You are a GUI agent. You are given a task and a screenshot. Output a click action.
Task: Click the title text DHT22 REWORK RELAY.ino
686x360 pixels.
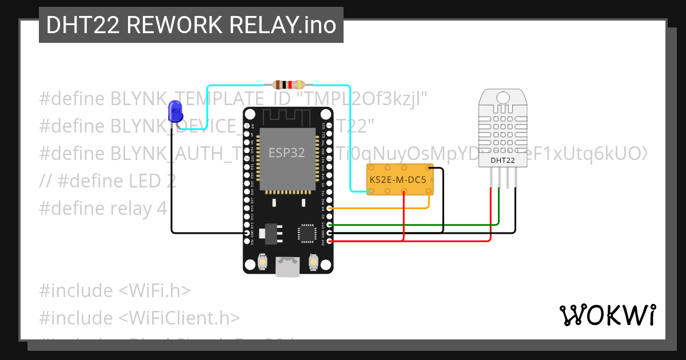(191, 25)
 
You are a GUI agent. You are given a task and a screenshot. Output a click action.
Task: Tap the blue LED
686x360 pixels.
(175, 111)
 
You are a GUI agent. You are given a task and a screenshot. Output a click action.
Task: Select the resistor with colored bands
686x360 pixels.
(288, 85)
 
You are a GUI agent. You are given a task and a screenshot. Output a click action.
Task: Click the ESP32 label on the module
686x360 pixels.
(287, 153)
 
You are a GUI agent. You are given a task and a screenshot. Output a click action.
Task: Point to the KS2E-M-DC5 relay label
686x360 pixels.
(398, 180)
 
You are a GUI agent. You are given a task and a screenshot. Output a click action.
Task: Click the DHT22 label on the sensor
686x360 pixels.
(502, 161)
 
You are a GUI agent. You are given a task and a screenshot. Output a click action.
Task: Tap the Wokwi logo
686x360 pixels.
(607, 315)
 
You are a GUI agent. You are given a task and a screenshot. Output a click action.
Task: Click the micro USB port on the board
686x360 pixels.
(288, 266)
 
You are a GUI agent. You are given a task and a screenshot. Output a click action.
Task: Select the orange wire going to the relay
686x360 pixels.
(389, 208)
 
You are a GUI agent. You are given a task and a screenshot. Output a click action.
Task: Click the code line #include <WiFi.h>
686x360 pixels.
(114, 291)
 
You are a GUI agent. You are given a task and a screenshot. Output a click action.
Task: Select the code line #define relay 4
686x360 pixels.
(103, 209)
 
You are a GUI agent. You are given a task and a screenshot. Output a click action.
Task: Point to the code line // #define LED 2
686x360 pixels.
(107, 181)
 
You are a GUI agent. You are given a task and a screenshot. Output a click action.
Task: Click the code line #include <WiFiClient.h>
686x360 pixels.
(139, 318)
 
